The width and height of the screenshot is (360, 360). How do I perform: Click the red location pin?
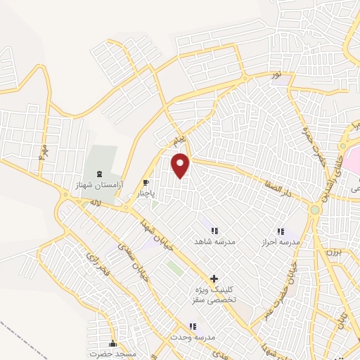tap(181, 165)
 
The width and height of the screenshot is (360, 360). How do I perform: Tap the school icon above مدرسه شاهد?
tap(214, 230)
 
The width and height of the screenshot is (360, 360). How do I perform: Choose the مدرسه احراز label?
tap(281, 241)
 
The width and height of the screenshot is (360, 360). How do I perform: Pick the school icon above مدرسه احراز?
tap(281, 231)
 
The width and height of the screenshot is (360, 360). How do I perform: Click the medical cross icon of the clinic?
tap(214, 278)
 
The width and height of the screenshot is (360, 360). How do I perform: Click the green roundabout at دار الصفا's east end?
tap(315, 209)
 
